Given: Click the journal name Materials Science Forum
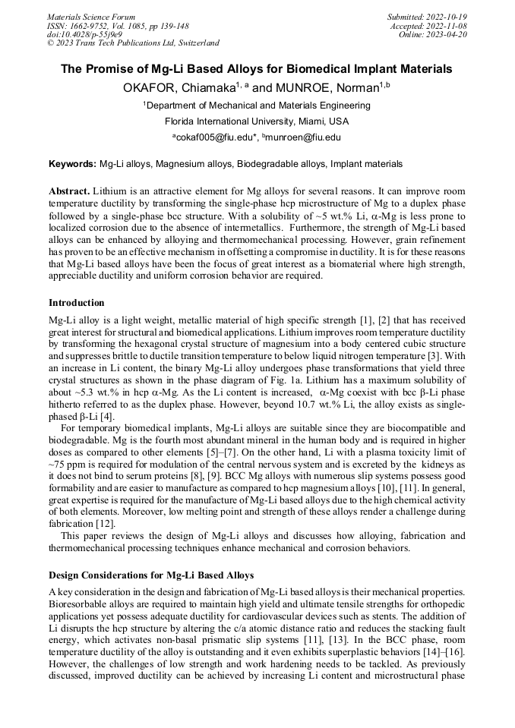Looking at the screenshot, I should coord(91,17).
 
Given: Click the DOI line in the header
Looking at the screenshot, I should coord(84,34).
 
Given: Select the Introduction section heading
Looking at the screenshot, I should coord(76,303).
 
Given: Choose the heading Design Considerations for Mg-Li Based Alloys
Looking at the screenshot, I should coord(150,574).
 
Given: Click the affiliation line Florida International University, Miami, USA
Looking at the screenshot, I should coord(257,121).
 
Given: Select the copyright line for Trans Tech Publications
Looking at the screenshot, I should coord(133,43).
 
